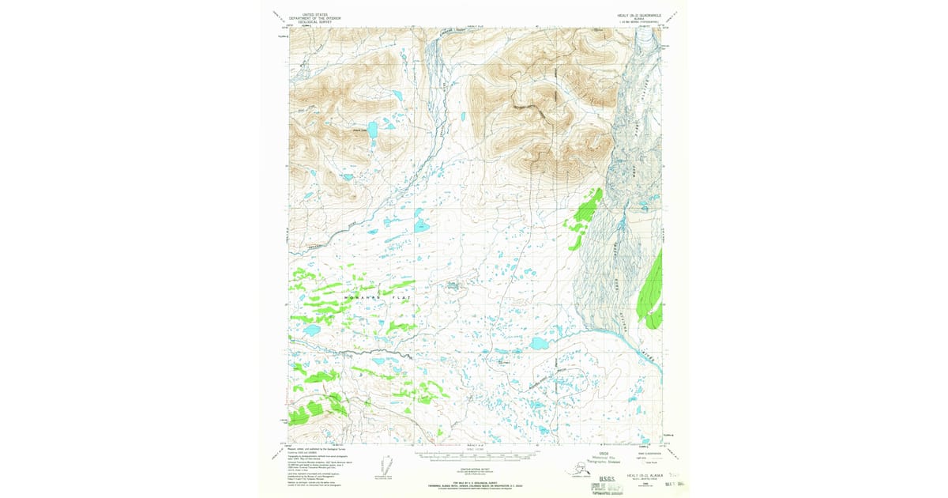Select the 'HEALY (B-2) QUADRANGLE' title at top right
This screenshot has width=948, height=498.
(640, 13)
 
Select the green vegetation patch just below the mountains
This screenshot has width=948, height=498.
(584, 211)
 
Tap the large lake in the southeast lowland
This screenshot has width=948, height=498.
(540, 344)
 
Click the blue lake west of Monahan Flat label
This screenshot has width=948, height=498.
(311, 330)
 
